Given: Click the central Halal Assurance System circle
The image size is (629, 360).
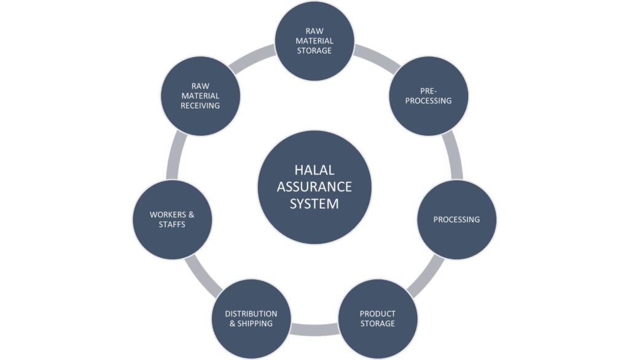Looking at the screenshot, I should (314, 187).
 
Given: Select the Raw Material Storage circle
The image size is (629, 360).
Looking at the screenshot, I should (314, 41).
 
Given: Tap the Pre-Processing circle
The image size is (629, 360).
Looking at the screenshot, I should (429, 96).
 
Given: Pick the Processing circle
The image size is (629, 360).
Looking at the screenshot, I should (456, 219).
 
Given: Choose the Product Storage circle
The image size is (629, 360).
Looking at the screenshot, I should (378, 319).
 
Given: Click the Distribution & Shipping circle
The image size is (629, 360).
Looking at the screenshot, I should (251, 319).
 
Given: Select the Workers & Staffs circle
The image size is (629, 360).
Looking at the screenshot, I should (173, 219).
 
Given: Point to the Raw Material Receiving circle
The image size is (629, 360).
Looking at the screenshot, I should (200, 96).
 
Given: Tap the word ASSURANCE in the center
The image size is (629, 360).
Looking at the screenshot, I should (314, 187).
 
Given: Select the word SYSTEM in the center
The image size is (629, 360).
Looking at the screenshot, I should (314, 203).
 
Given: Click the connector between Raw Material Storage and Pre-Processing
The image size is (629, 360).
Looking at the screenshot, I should (377, 57).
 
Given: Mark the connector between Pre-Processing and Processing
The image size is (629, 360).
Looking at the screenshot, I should (455, 157).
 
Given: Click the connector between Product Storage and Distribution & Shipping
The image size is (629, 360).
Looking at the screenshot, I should (314, 329).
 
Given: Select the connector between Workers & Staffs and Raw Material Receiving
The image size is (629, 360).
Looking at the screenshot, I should (174, 157).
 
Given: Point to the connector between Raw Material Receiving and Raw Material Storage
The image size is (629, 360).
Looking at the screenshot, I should (252, 57).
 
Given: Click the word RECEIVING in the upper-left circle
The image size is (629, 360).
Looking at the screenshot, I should (200, 106).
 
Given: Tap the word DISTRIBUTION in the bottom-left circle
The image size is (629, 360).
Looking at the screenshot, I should (251, 314).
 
